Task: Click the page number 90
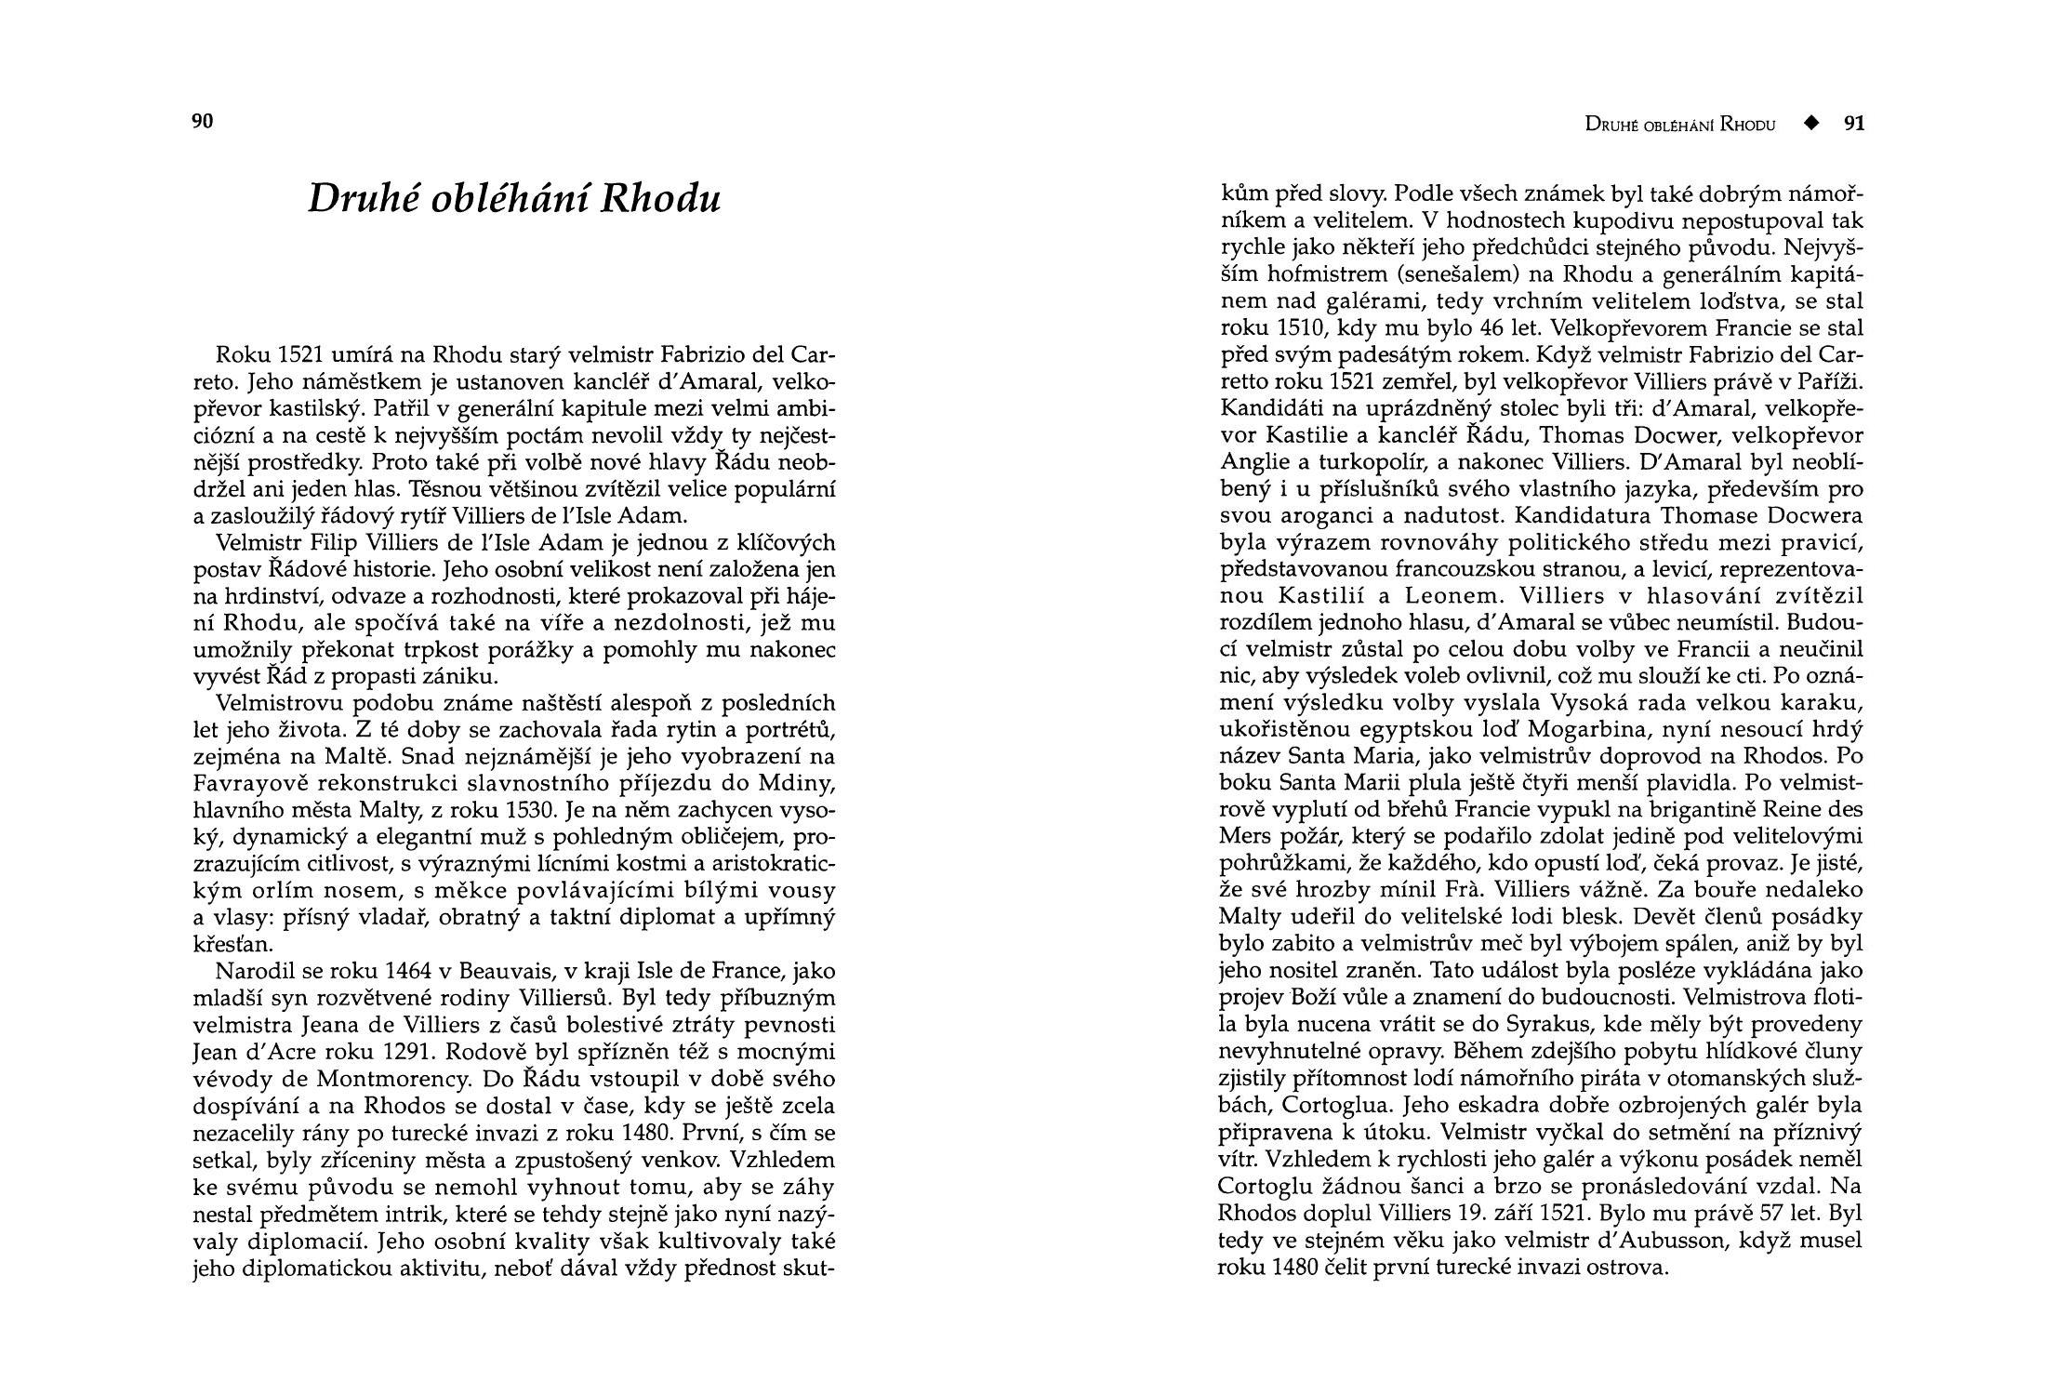pyautogui.click(x=203, y=121)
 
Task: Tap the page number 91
pyautogui.click(x=1854, y=124)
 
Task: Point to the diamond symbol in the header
pyautogui.click(x=1810, y=124)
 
